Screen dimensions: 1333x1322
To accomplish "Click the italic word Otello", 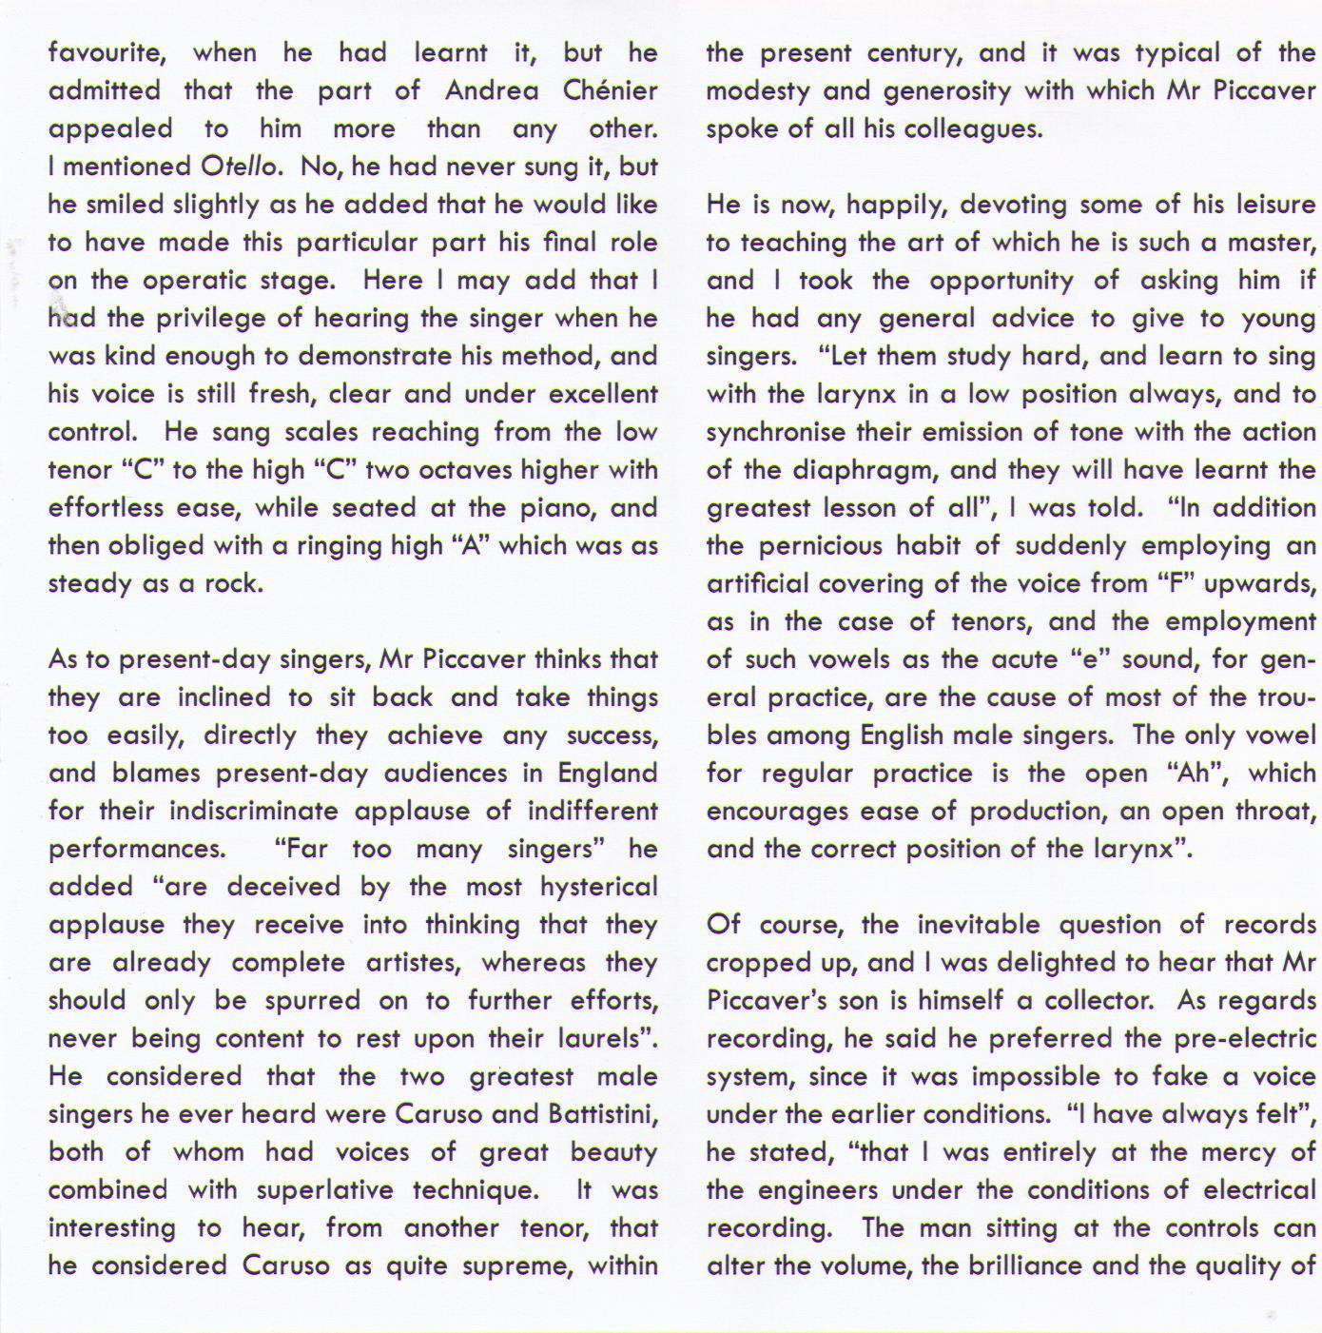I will tap(240, 167).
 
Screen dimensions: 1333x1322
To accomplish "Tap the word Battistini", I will tap(603, 1114).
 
